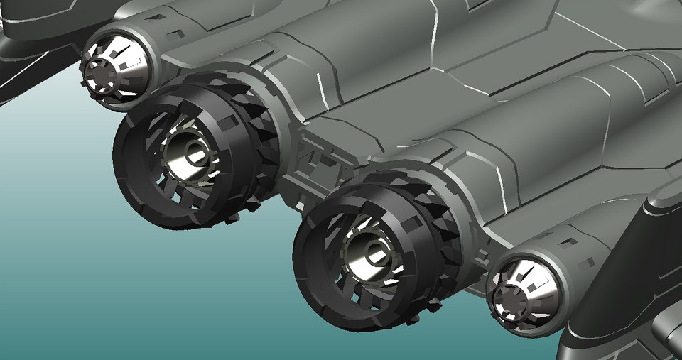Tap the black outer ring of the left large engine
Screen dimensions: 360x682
[x=131, y=178]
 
